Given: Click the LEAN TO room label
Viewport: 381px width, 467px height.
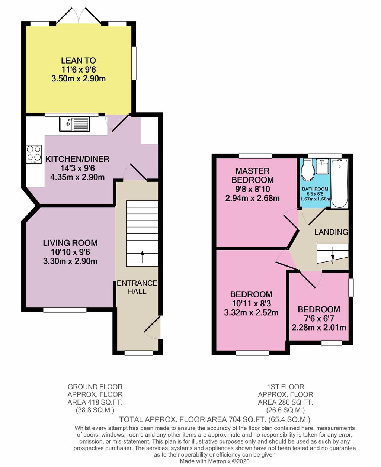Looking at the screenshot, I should pos(78,61).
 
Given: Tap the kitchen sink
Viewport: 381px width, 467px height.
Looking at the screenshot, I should pos(74,124).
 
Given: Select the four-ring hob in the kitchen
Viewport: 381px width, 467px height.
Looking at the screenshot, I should pos(34,154).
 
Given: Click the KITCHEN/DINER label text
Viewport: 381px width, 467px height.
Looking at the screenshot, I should pos(77,159).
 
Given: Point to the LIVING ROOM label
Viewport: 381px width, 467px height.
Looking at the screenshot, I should pos(70,243).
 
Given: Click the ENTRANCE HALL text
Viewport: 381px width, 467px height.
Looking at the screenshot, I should pos(137,287).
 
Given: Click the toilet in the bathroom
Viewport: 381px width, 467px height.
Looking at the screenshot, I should pos(308,170).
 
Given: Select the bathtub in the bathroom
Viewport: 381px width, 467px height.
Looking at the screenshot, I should pos(339,183).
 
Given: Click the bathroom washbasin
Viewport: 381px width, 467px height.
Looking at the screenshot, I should pos(323,167).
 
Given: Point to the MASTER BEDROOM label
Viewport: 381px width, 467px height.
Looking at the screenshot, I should pos(252,175).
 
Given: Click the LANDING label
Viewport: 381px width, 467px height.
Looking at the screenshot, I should pos(331,232).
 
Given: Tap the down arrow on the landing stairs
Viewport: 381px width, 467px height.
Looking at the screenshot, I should pos(333,257).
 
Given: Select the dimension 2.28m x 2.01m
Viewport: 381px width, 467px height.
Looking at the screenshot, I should pos(319,328).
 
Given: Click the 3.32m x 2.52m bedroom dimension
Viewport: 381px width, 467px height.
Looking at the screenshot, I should pos(251,312).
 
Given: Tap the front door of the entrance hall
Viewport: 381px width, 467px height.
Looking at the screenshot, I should pos(152,328).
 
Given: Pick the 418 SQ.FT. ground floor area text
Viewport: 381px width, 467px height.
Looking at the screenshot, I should pos(95,402).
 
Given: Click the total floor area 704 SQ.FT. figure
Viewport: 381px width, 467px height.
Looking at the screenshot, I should pos(214,420).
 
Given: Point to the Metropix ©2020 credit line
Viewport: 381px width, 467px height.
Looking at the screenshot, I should pos(215,461).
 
